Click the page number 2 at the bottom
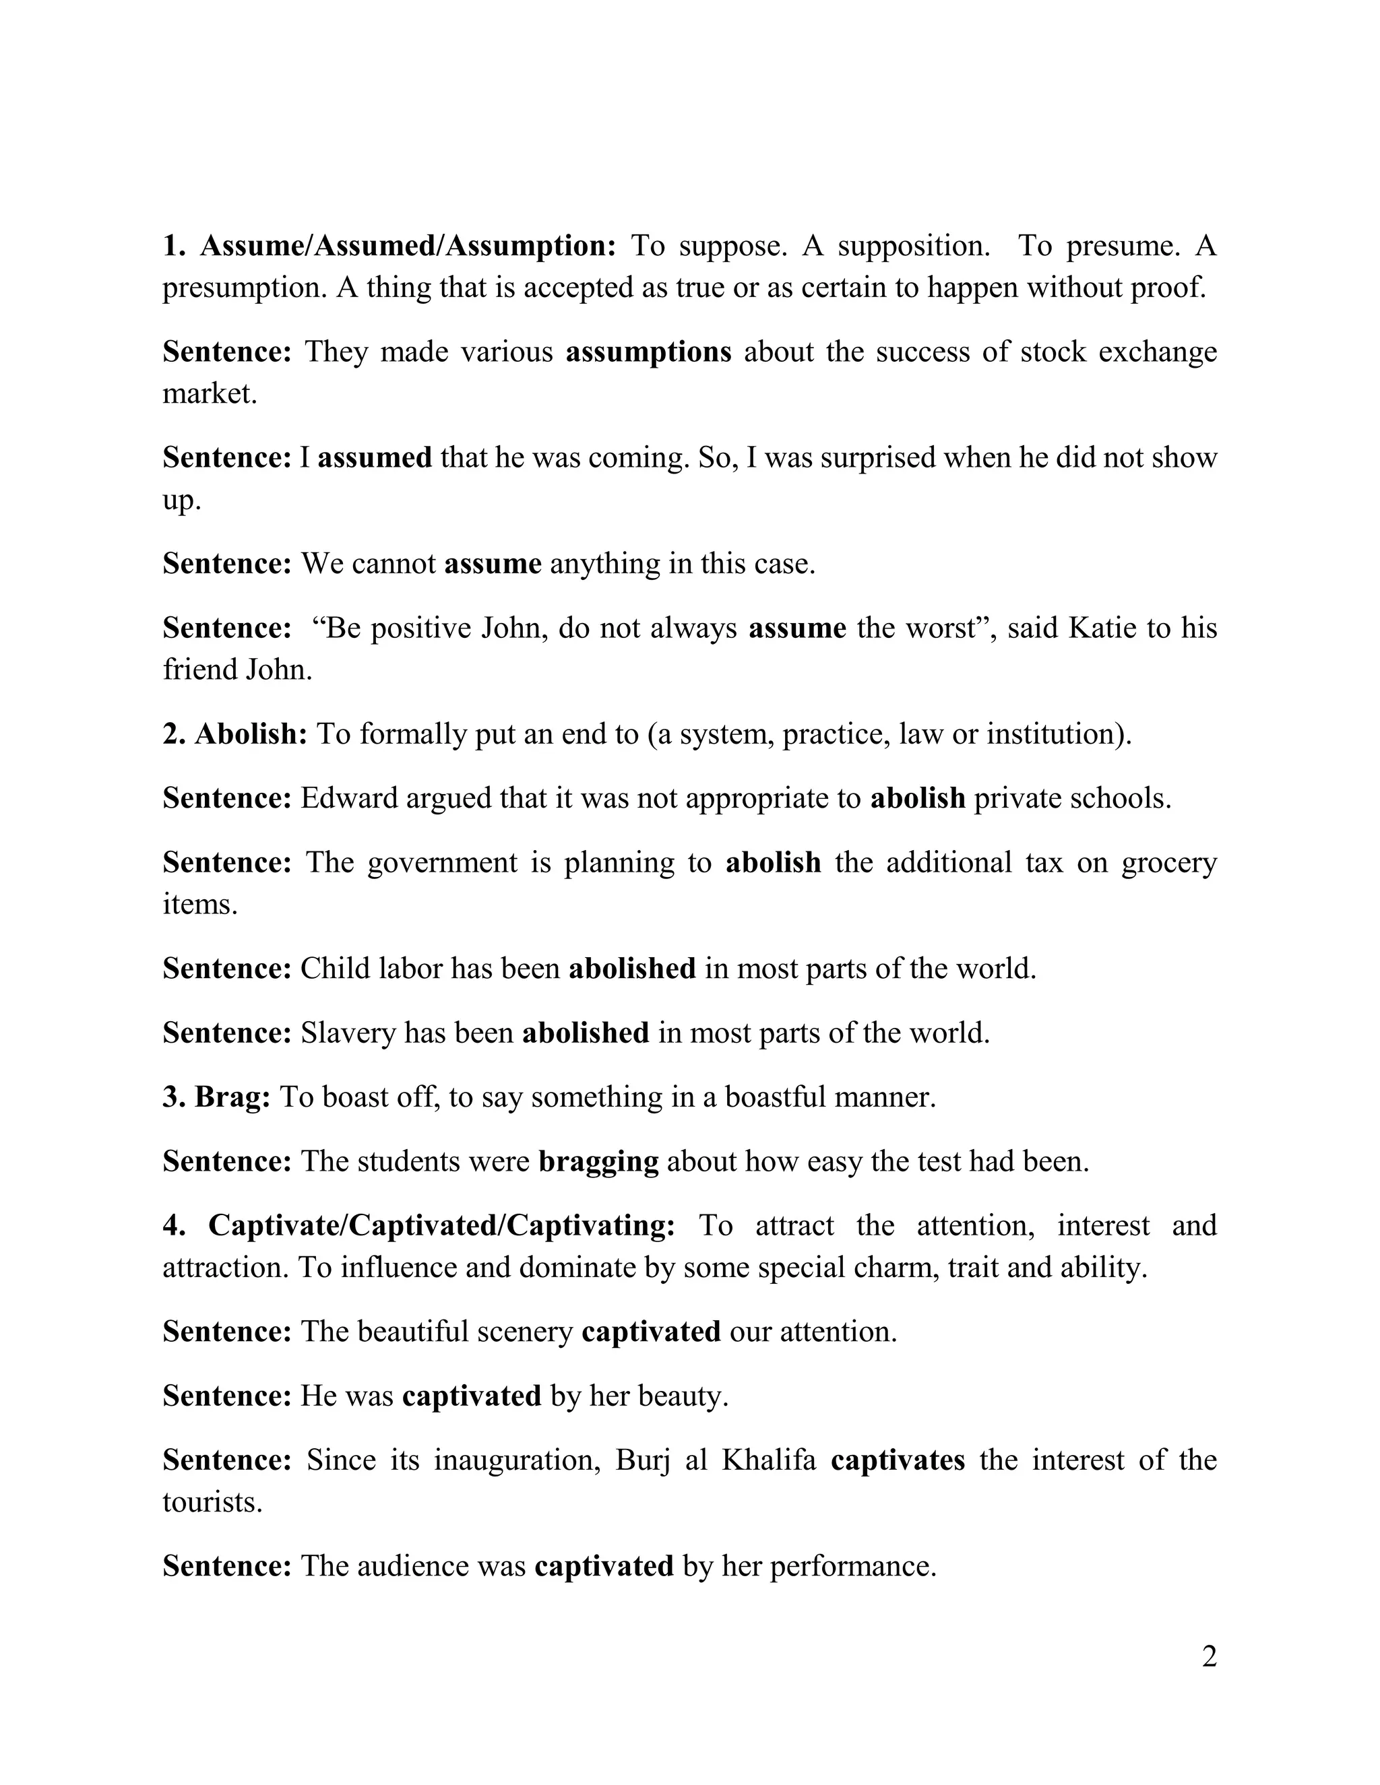1209,1657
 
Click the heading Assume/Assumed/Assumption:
407,245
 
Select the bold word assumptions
648,352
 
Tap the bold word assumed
375,457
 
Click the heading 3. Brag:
217,1096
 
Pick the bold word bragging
598,1161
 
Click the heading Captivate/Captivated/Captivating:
441,1225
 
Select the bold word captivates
898,1460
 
